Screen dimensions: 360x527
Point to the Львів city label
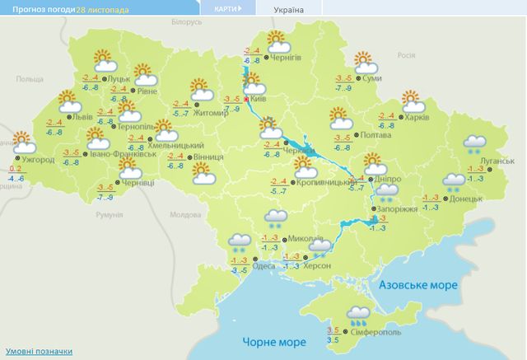tap(82, 117)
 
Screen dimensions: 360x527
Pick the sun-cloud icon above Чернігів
tap(276, 40)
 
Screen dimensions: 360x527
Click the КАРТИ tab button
tap(226, 8)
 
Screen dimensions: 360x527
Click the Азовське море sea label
tap(418, 284)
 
